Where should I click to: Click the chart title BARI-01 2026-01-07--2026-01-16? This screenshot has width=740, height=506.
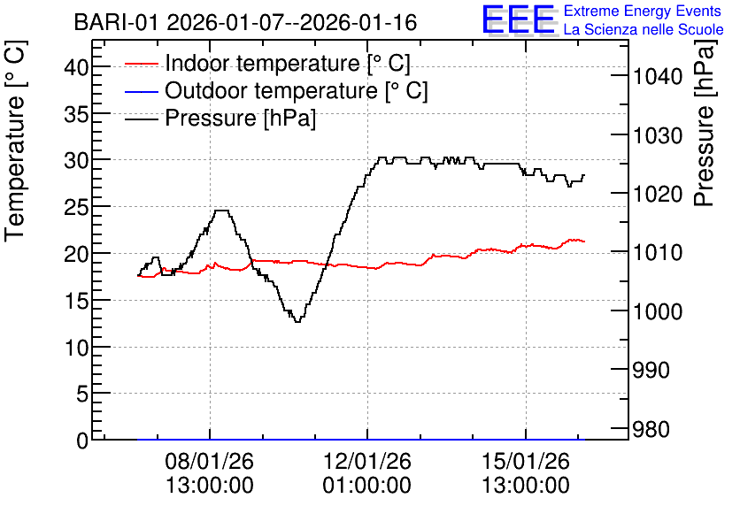click(x=245, y=22)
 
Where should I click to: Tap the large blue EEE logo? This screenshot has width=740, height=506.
click(x=519, y=19)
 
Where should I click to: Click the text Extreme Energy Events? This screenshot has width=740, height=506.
click(x=643, y=11)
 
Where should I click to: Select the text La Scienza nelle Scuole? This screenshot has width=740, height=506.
click(x=644, y=30)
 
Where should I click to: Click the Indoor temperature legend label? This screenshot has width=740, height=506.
click(x=288, y=63)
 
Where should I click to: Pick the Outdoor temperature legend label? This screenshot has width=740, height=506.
click(x=297, y=90)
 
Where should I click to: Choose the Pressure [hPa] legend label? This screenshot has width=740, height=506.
click(x=240, y=118)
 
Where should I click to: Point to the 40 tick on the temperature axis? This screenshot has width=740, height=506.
click(x=76, y=67)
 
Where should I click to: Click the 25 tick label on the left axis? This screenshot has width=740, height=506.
click(x=76, y=208)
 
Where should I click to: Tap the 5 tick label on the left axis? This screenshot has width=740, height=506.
click(x=82, y=394)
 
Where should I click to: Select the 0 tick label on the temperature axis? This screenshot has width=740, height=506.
click(x=82, y=441)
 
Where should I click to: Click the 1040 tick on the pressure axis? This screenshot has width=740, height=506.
click(x=658, y=76)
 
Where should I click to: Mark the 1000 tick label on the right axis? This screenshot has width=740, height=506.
click(x=658, y=311)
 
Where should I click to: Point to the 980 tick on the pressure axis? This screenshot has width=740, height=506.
click(x=651, y=429)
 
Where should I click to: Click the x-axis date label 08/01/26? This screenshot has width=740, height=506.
click(x=210, y=461)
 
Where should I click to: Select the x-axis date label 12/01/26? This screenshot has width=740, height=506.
click(x=367, y=461)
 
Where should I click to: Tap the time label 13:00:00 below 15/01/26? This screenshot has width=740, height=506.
click(x=526, y=486)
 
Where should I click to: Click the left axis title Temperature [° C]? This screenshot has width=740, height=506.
click(x=15, y=142)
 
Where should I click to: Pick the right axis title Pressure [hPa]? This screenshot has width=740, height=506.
click(x=705, y=123)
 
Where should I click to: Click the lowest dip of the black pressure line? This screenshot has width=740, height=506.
click(x=297, y=322)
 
